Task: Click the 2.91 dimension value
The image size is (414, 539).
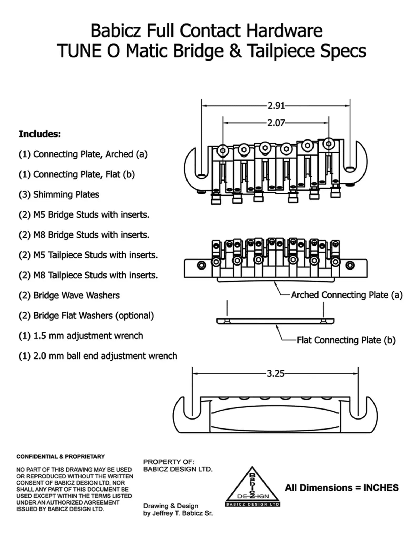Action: point(276,106)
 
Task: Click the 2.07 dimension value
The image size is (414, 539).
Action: point(276,123)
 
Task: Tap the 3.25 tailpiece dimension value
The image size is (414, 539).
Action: point(276,373)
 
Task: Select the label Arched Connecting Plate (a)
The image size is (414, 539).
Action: point(347,295)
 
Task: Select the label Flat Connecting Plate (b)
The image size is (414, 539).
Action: point(346,340)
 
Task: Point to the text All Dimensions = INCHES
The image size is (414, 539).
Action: point(342,488)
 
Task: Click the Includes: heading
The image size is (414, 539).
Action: point(40,134)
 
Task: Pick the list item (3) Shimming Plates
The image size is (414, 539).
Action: point(59,194)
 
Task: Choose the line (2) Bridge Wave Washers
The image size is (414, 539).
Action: point(69,295)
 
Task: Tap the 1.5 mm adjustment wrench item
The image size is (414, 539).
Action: point(81,336)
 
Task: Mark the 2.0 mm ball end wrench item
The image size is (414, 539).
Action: point(98,356)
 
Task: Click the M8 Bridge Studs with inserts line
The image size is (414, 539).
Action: point(84,235)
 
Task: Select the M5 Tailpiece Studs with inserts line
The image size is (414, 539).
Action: point(88,255)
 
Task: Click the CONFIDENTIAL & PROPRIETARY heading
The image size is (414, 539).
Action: point(60,457)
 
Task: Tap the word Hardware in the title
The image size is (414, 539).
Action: point(284,31)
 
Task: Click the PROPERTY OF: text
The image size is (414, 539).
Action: point(169,462)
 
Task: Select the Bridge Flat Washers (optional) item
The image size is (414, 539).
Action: point(86,316)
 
